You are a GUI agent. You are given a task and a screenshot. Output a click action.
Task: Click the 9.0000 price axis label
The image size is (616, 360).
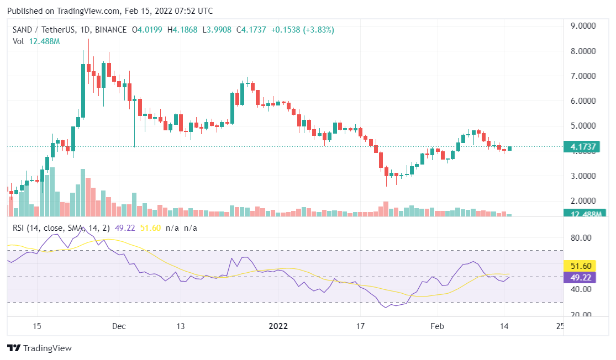pyautogui.click(x=583, y=25)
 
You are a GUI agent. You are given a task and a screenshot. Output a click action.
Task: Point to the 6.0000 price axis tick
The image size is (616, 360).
pyautogui.click(x=583, y=101)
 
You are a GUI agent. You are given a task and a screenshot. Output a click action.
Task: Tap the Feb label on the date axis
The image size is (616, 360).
pyautogui.click(x=437, y=326)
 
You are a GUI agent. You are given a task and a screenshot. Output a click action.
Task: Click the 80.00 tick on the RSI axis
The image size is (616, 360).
pyautogui.click(x=581, y=238)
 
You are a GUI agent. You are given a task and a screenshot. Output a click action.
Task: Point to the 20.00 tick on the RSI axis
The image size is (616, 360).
pyautogui.click(x=581, y=315)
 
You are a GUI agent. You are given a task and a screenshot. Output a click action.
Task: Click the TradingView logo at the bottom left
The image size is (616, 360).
pyautogui.click(x=39, y=348)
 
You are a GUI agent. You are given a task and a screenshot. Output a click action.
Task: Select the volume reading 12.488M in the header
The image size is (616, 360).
pyautogui.click(x=44, y=41)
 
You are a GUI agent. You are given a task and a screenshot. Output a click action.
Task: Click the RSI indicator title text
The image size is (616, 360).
pyautogui.click(x=61, y=227)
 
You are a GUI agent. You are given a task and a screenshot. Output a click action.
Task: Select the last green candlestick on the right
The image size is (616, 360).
pyautogui.click(x=509, y=148)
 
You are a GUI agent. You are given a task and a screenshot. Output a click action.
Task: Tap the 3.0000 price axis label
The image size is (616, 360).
pyautogui.click(x=583, y=176)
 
